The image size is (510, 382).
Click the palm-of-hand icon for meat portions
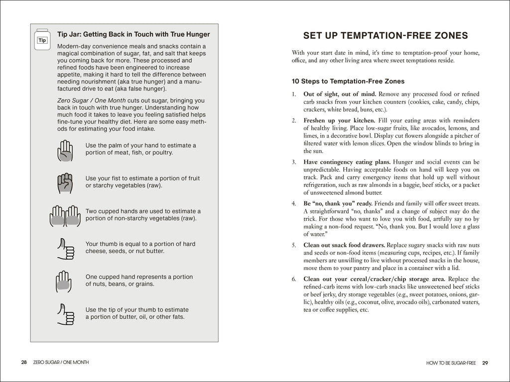(x=65, y=150)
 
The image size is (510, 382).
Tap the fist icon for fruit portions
(x=65, y=183)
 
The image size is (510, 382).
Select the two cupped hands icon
(x=65, y=215)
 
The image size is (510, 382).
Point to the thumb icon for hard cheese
(x=65, y=248)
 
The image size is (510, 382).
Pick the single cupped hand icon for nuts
(x=64, y=281)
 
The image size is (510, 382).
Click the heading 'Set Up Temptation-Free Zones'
(x=385, y=35)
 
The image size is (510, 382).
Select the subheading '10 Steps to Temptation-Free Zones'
(x=348, y=81)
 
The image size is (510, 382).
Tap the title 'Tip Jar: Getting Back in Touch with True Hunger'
(x=133, y=34)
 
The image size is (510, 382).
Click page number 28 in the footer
(x=24, y=363)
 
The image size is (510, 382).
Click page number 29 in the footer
(x=485, y=363)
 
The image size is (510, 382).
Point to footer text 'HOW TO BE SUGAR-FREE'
(x=452, y=363)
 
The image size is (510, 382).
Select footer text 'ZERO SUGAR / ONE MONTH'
(x=61, y=363)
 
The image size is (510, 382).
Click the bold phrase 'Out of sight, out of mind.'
(x=340, y=94)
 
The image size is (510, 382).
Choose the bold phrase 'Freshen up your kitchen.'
(x=338, y=120)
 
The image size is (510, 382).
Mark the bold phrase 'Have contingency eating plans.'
(x=347, y=162)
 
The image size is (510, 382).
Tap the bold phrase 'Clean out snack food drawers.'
(x=344, y=245)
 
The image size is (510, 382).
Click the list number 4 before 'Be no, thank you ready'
(x=294, y=203)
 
